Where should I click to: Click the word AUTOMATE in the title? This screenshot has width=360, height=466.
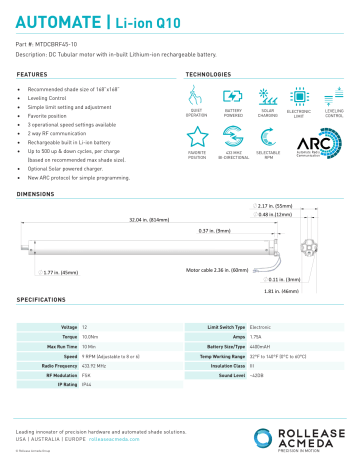pyautogui.click(x=51, y=19)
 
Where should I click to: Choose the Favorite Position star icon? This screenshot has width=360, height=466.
pyautogui.click(x=197, y=139)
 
